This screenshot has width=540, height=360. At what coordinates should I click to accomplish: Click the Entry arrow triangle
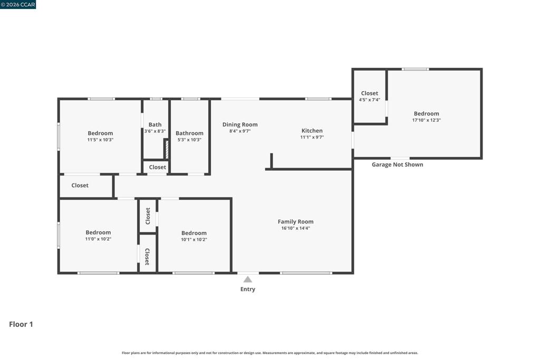click(248, 279)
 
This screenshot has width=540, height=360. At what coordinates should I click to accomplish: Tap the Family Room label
click(295, 222)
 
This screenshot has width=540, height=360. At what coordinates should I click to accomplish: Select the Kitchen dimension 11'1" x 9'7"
click(312, 137)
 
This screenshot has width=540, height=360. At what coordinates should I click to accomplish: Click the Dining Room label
click(240, 124)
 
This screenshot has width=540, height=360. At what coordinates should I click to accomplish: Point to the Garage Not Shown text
click(398, 164)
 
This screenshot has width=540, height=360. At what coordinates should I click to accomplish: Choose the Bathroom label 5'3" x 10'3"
click(189, 137)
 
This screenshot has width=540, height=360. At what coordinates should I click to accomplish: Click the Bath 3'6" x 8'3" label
click(155, 128)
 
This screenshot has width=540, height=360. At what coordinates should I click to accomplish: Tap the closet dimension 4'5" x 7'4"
click(370, 100)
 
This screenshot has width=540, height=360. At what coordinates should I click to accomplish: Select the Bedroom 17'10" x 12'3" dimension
click(426, 120)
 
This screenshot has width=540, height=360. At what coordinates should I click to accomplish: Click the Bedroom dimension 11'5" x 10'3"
click(100, 140)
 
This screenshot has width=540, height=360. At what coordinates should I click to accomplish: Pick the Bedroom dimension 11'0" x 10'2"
click(98, 239)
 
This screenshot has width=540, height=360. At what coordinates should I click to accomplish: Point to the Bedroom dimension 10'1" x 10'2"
click(194, 239)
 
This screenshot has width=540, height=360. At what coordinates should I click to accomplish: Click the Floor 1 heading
click(21, 324)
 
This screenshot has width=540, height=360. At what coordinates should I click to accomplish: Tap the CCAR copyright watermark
click(18, 4)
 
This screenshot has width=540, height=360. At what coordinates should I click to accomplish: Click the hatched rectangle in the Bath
click(167, 149)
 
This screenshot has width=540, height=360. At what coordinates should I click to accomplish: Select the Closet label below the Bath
click(157, 167)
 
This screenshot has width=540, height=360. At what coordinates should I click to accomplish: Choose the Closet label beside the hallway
click(80, 185)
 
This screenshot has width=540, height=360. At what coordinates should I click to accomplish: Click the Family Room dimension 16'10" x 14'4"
click(295, 228)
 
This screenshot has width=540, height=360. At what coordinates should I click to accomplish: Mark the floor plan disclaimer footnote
click(269, 353)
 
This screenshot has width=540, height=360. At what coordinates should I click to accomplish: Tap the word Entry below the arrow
click(248, 289)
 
